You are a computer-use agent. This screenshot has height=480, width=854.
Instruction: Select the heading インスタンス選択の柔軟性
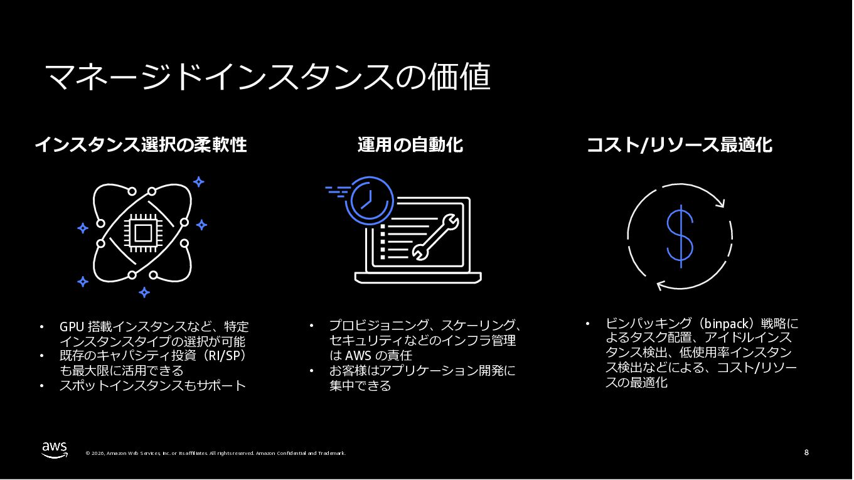point(141,145)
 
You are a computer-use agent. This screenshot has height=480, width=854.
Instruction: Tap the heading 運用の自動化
point(410,145)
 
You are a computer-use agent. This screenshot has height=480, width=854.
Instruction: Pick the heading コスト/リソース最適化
point(679,145)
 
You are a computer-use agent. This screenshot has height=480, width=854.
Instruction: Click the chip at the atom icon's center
point(143,233)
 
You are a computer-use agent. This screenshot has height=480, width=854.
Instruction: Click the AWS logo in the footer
point(55,449)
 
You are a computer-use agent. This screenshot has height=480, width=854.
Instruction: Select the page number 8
point(806,452)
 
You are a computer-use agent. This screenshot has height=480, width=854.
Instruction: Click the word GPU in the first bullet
point(72,327)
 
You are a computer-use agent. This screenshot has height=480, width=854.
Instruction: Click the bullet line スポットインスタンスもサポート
point(153,385)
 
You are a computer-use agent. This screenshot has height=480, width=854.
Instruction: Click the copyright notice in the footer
point(215,453)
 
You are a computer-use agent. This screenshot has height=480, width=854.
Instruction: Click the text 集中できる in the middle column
point(360,385)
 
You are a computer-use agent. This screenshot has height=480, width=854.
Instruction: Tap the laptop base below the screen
point(417,277)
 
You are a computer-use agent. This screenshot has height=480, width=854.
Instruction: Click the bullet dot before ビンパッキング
point(588,324)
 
